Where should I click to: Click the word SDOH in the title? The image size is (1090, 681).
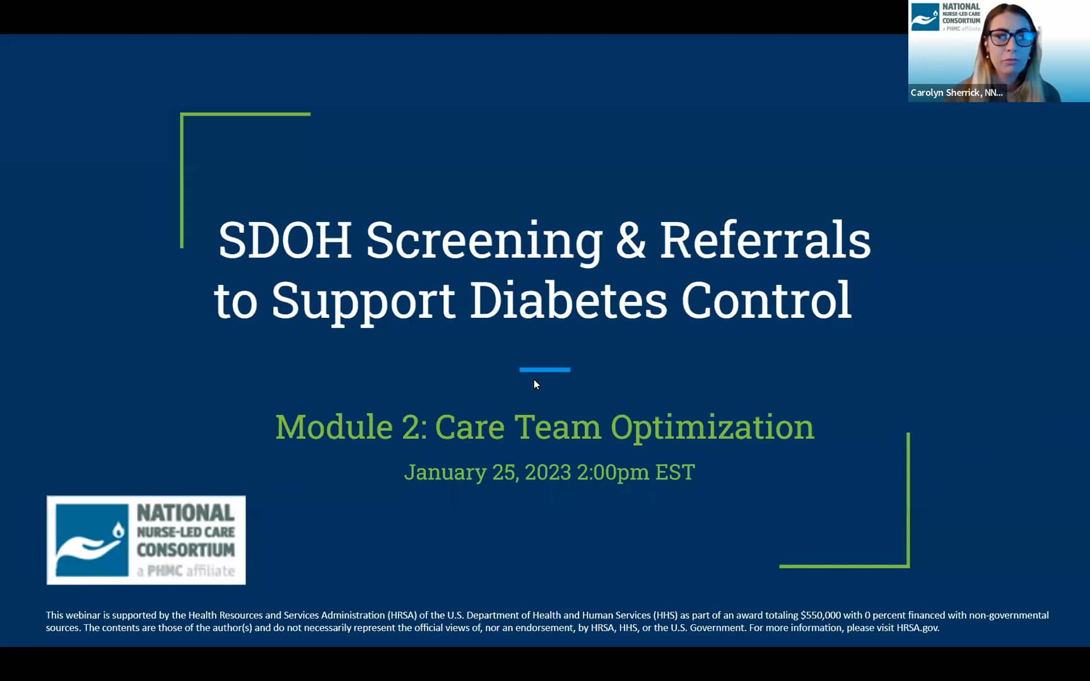(284, 240)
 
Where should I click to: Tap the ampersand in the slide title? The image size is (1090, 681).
(631, 240)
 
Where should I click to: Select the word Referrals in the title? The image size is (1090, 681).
(765, 240)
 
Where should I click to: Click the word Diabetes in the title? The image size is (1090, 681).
(568, 300)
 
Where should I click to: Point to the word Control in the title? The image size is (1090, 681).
(766, 300)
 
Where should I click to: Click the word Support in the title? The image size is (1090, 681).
(363, 301)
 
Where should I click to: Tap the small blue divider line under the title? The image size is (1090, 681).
(545, 370)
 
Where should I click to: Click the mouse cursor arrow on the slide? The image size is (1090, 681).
(536, 385)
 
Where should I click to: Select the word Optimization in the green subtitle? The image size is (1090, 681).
(712, 428)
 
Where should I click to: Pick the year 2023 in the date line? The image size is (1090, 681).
(548, 472)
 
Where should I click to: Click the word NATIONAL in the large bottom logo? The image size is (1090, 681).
(185, 513)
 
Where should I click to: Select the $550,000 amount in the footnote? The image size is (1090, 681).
(820, 615)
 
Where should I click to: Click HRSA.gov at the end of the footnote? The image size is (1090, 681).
(918, 627)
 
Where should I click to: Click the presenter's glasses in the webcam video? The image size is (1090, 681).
(1011, 37)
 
